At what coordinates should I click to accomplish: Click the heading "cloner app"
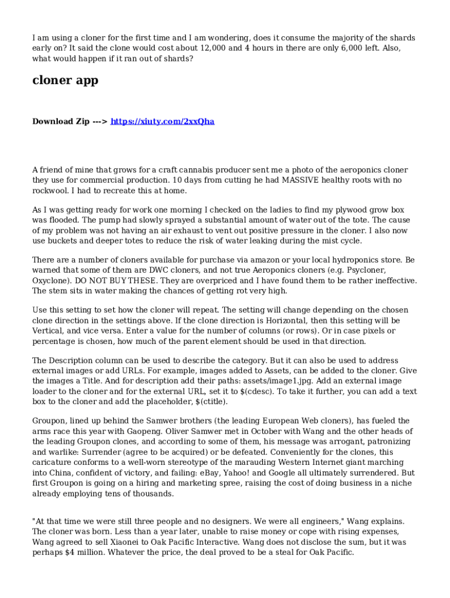click(x=65, y=81)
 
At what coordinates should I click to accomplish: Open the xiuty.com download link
click(x=162, y=121)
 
